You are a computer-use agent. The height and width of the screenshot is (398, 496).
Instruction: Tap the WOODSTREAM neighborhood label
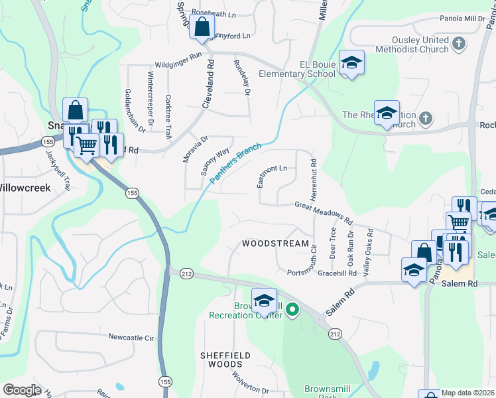(275, 243)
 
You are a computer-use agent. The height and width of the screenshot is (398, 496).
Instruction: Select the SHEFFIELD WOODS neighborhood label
(225, 360)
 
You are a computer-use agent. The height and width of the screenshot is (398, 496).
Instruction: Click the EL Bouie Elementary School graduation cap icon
(351, 62)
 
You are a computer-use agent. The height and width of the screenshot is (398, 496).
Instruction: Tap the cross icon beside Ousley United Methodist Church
(458, 44)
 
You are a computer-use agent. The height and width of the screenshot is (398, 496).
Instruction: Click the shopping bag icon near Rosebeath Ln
(202, 28)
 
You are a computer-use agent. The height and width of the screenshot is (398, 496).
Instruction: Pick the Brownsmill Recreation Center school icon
(264, 300)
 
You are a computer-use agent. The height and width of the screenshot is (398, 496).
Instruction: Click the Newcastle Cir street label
(131, 338)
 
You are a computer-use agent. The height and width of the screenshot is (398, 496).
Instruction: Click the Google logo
(22, 389)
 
